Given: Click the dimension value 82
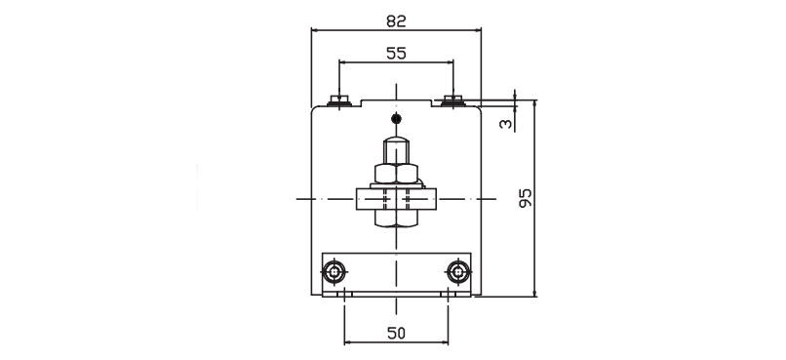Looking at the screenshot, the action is [x=396, y=21].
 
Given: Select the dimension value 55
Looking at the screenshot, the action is [x=396, y=53].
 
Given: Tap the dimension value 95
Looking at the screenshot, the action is [x=525, y=199].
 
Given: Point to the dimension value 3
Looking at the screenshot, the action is [x=506, y=123].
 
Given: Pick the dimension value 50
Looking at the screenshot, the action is [x=396, y=333].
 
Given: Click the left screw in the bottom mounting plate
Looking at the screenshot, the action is [x=334, y=272].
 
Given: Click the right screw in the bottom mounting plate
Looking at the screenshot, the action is [x=457, y=272].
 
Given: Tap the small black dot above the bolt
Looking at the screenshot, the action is [x=396, y=119].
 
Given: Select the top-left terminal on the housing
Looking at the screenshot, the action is [x=338, y=100].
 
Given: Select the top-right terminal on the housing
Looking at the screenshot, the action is [x=453, y=100].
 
